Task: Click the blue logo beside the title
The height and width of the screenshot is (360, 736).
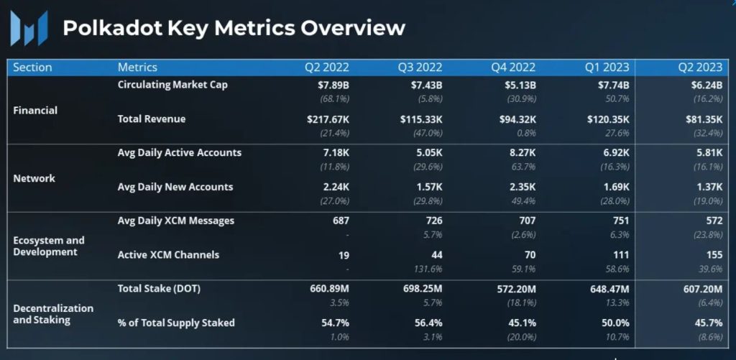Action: (x=29, y=29)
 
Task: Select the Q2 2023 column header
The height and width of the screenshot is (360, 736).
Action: (x=700, y=67)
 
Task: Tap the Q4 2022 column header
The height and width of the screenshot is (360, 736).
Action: (x=513, y=67)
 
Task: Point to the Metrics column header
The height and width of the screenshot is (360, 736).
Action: (x=137, y=67)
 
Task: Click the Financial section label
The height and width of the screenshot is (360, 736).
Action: (x=35, y=111)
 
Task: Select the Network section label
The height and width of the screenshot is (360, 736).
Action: (x=34, y=178)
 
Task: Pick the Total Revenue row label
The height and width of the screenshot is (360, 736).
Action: (x=152, y=119)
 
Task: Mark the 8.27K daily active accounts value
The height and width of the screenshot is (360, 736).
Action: (x=520, y=152)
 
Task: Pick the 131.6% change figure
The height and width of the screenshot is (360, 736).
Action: (x=428, y=269)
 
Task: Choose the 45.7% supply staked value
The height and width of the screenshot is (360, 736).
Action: (x=706, y=323)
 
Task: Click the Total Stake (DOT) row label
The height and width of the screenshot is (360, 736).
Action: (x=158, y=288)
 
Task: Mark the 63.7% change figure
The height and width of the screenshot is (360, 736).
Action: (x=521, y=167)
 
